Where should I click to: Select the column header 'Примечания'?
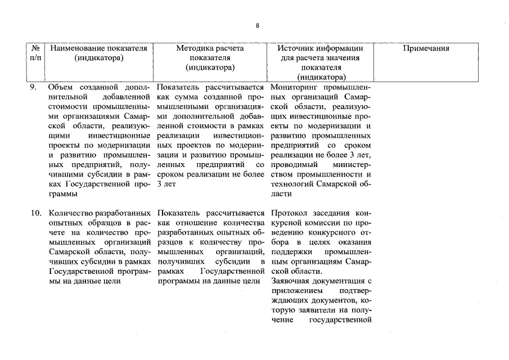(x=426, y=48)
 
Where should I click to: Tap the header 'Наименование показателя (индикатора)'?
(x=98, y=53)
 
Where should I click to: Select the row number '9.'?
(x=34, y=88)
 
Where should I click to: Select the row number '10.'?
(x=35, y=214)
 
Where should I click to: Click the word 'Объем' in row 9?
(x=61, y=88)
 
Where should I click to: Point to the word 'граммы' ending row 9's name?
(x=62, y=194)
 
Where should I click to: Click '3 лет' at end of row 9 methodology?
(x=166, y=184)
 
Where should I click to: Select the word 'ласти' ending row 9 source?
(x=281, y=194)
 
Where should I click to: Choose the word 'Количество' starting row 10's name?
(x=70, y=214)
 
